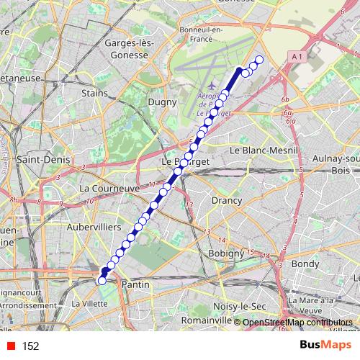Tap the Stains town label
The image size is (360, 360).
click(95, 93)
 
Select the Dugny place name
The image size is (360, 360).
click(162, 102)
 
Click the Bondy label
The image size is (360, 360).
click(307, 264)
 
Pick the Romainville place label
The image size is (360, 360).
click(202, 319)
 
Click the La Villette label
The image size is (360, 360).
click(90, 304)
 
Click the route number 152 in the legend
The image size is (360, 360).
click(31, 346)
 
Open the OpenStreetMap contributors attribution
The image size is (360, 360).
click(297, 323)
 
